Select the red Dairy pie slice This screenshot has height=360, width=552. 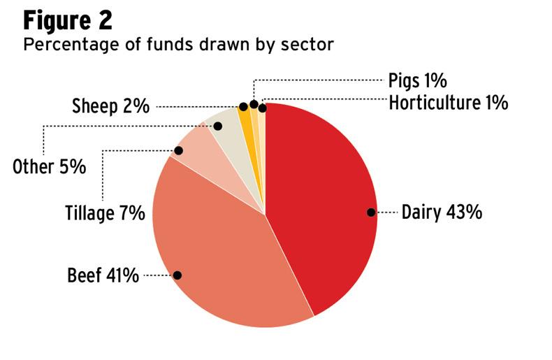321,203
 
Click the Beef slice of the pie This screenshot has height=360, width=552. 224,252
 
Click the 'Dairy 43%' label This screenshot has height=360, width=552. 442,213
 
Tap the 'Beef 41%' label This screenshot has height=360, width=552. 103,275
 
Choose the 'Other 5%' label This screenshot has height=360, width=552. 50,167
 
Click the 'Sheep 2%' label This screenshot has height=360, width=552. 111,107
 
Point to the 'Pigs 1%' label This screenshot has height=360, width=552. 417,80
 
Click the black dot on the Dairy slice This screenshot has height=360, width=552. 371,213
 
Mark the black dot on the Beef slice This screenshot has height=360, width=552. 177,275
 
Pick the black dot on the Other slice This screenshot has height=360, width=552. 217,126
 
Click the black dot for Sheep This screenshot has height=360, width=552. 243,107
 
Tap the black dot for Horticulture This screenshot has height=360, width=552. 262,108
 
